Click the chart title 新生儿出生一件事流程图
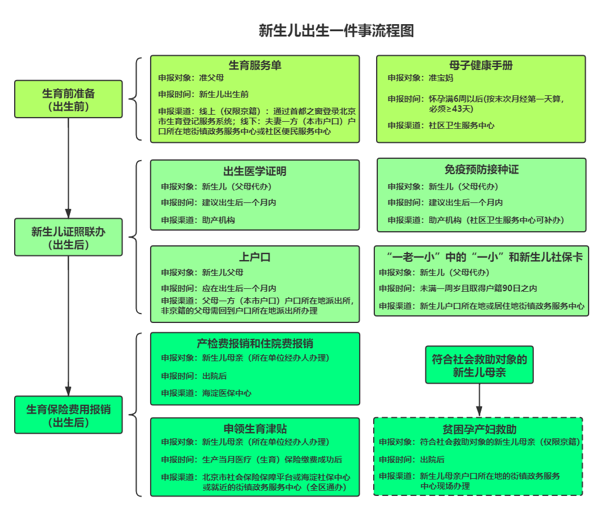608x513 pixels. click(336, 31)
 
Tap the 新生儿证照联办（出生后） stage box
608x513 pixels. click(68, 238)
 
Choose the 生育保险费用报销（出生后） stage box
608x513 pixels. click(68, 415)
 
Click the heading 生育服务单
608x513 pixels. click(255, 65)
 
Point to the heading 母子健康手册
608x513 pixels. click(481, 65)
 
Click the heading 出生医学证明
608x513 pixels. click(255, 172)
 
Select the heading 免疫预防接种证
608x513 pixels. click(481, 169)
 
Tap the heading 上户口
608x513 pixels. click(255, 257)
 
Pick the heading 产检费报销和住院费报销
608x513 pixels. click(255, 344)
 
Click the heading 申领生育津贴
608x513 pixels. click(255, 428)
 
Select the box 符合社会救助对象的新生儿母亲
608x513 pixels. click(479, 365)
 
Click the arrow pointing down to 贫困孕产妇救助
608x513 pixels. click(479, 400)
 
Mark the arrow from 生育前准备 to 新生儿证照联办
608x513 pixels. click(68, 168)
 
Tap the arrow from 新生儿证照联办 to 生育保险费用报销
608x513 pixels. click(68, 326)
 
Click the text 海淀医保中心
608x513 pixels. click(227, 393)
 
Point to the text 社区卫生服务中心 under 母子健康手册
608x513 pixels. click(461, 125)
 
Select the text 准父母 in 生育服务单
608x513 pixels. click(211, 78)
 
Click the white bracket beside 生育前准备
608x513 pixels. click(137, 99)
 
